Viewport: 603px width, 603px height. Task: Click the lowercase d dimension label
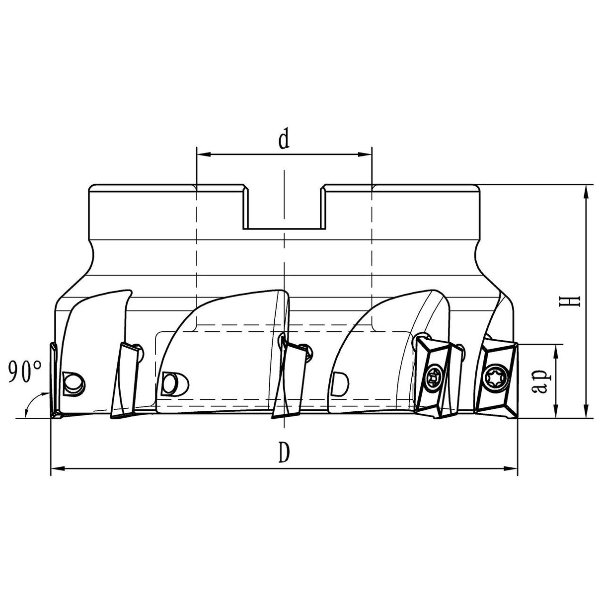[284, 140]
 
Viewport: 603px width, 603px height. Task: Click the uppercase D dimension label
[284, 453]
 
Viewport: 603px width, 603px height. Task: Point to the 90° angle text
[24, 371]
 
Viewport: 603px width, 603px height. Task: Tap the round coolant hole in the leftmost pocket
[74, 383]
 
